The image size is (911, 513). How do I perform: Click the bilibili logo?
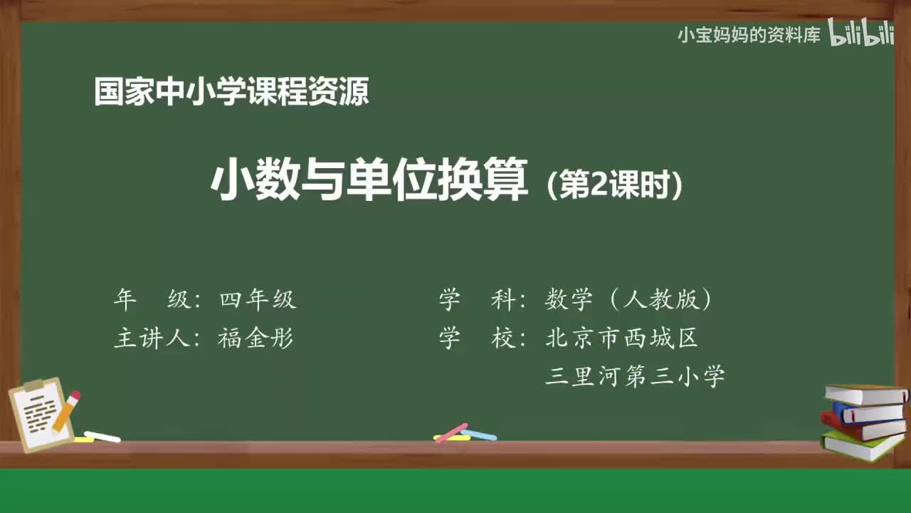860,34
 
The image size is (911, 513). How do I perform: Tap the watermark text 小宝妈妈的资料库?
749,35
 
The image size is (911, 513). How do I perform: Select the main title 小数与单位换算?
370,181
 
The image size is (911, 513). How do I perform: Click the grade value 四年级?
258,300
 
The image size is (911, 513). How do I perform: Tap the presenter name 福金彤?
256,338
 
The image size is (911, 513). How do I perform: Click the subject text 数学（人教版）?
629,300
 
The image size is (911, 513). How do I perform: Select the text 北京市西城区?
621,338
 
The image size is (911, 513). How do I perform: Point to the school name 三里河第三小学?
635,375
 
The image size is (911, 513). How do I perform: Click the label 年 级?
152,300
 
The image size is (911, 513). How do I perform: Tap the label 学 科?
478,300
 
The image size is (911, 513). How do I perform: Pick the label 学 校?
478,338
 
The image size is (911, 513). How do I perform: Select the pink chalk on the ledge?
451,432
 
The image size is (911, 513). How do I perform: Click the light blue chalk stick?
480,435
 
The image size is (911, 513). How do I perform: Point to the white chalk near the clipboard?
102,436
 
